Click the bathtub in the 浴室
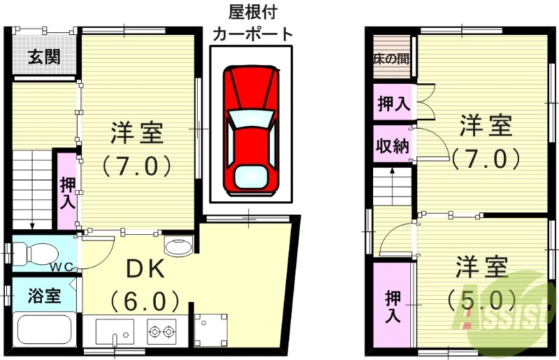pos(44,329)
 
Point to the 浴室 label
pos(43,296)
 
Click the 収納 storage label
pos(393,147)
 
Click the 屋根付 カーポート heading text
pos(251,23)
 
